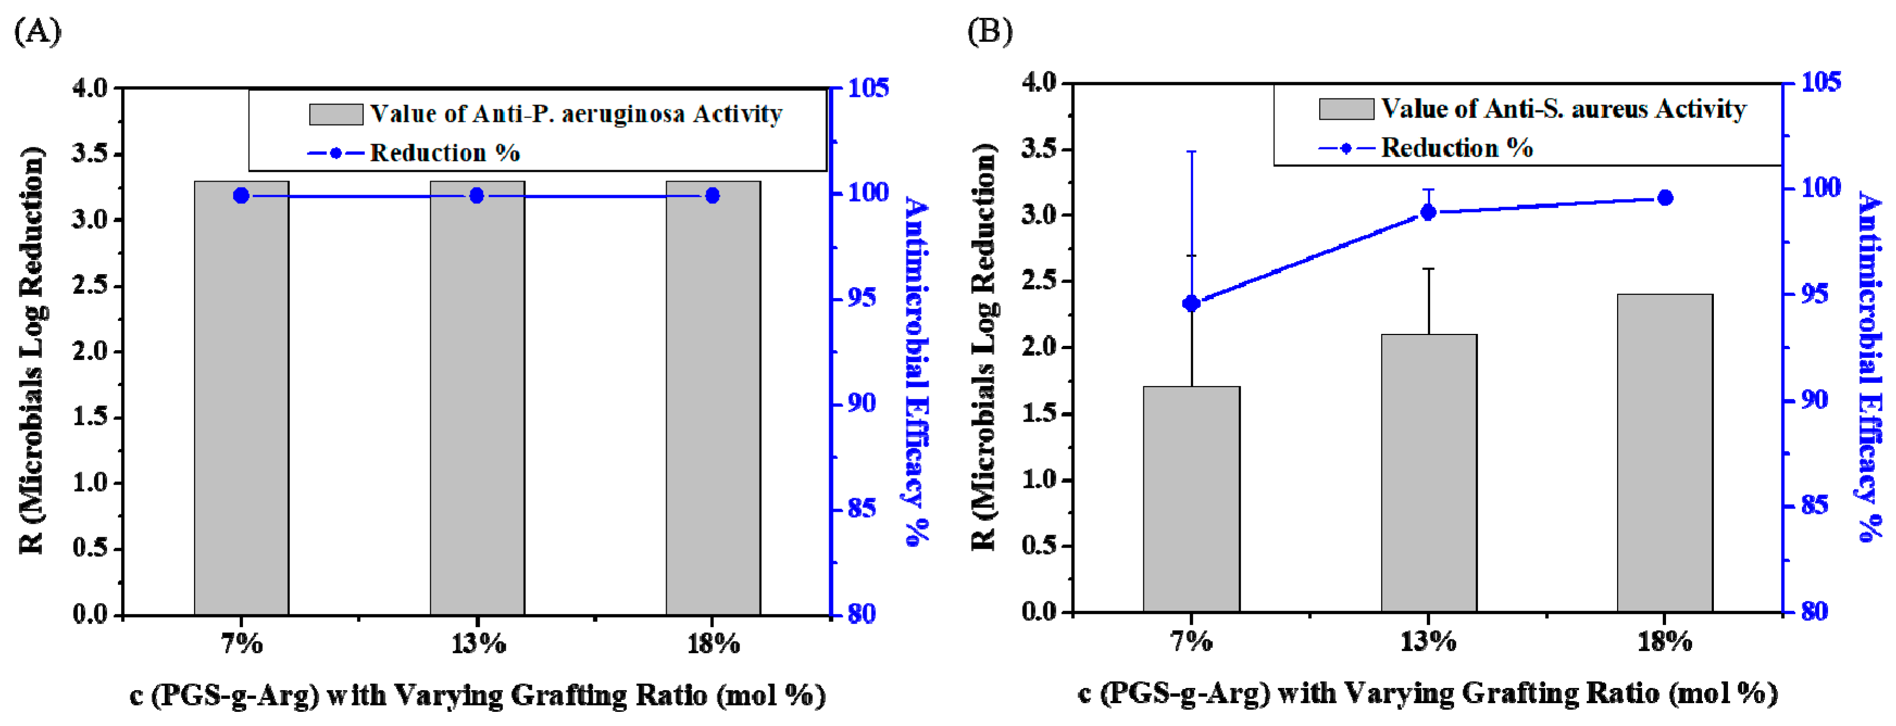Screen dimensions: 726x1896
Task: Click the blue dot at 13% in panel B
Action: pyautogui.click(x=1428, y=213)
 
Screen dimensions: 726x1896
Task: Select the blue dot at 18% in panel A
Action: pyautogui.click(x=712, y=196)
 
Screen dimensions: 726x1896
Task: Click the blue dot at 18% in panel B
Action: pyautogui.click(x=1665, y=198)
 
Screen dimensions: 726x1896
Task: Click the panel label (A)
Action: pyautogui.click(x=38, y=32)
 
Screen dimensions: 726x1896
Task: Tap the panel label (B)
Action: pyautogui.click(x=990, y=32)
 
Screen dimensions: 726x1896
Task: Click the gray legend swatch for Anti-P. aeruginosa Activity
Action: pyautogui.click(x=335, y=114)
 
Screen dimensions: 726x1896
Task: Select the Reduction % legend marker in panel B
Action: pyautogui.click(x=1346, y=148)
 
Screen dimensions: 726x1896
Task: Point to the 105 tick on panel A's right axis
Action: pyautogui.click(x=868, y=88)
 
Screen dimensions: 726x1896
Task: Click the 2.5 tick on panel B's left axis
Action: pyautogui.click(x=1039, y=281)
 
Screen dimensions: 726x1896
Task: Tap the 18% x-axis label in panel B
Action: pyautogui.click(x=1665, y=641)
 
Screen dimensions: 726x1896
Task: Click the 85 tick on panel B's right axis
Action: pyautogui.click(x=1815, y=505)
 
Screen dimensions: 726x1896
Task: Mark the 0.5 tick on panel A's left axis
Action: pyautogui.click(x=90, y=549)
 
